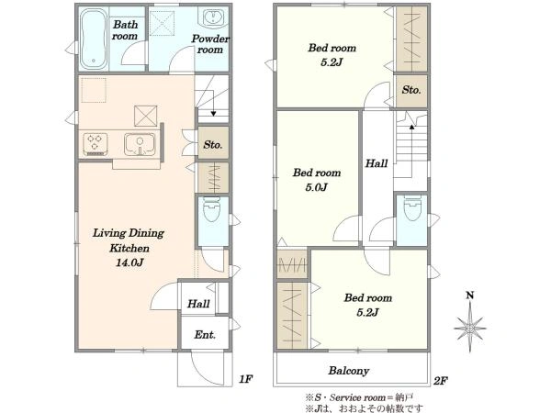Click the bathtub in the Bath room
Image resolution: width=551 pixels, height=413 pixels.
tap(94, 39)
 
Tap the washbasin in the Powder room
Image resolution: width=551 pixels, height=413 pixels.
tap(213, 17)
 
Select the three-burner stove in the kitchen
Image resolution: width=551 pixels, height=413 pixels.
tap(96, 144)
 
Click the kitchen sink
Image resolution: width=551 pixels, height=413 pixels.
tap(140, 144)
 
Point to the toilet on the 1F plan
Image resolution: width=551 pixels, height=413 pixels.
tap(212, 209)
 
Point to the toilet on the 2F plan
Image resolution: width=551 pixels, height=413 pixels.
tap(411, 208)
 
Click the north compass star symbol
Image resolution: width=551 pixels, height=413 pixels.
tap(470, 328)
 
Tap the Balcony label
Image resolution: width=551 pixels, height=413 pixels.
tap(349, 371)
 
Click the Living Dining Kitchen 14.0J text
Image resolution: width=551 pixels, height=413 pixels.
tap(129, 248)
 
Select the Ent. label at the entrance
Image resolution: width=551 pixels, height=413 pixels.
tap(205, 335)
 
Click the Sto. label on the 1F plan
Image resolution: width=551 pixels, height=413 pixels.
tap(213, 144)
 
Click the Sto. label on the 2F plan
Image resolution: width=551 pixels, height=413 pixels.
tap(411, 90)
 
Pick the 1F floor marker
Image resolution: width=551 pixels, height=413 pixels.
tap(245, 379)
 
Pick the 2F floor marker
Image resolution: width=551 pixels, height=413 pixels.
tap(440, 381)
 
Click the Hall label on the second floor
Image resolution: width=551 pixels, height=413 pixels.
tap(377, 163)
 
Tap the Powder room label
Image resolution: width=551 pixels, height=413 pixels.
tap(210, 44)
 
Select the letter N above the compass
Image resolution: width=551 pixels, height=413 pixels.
tap(470, 296)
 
